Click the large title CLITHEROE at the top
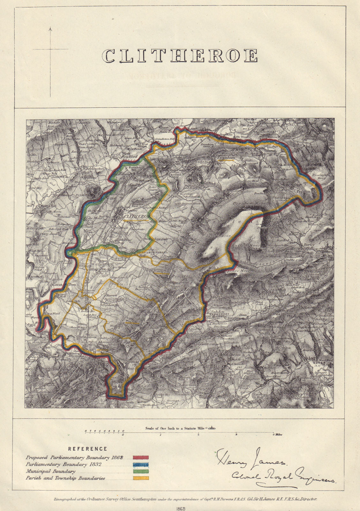tap(180, 56)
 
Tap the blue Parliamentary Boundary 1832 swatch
tap(140, 464)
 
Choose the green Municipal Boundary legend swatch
tap(140, 471)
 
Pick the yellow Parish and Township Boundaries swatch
tap(140, 478)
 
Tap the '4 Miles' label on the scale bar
tap(277, 435)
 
